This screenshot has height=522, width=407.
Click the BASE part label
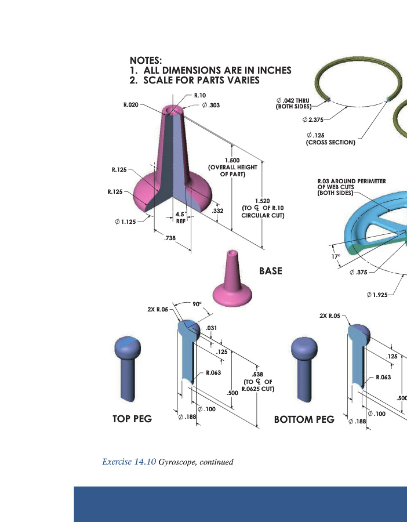(x=270, y=271)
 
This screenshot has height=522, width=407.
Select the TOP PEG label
(x=132, y=419)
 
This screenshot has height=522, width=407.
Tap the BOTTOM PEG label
(x=304, y=419)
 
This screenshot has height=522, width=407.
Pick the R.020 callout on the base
(x=131, y=105)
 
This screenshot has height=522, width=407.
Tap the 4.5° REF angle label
(x=180, y=217)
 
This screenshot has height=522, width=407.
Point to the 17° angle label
(x=335, y=256)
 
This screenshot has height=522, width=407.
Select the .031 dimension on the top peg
(x=212, y=328)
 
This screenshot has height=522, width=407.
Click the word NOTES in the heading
(x=146, y=60)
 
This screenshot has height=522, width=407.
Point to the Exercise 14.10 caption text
(x=168, y=462)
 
